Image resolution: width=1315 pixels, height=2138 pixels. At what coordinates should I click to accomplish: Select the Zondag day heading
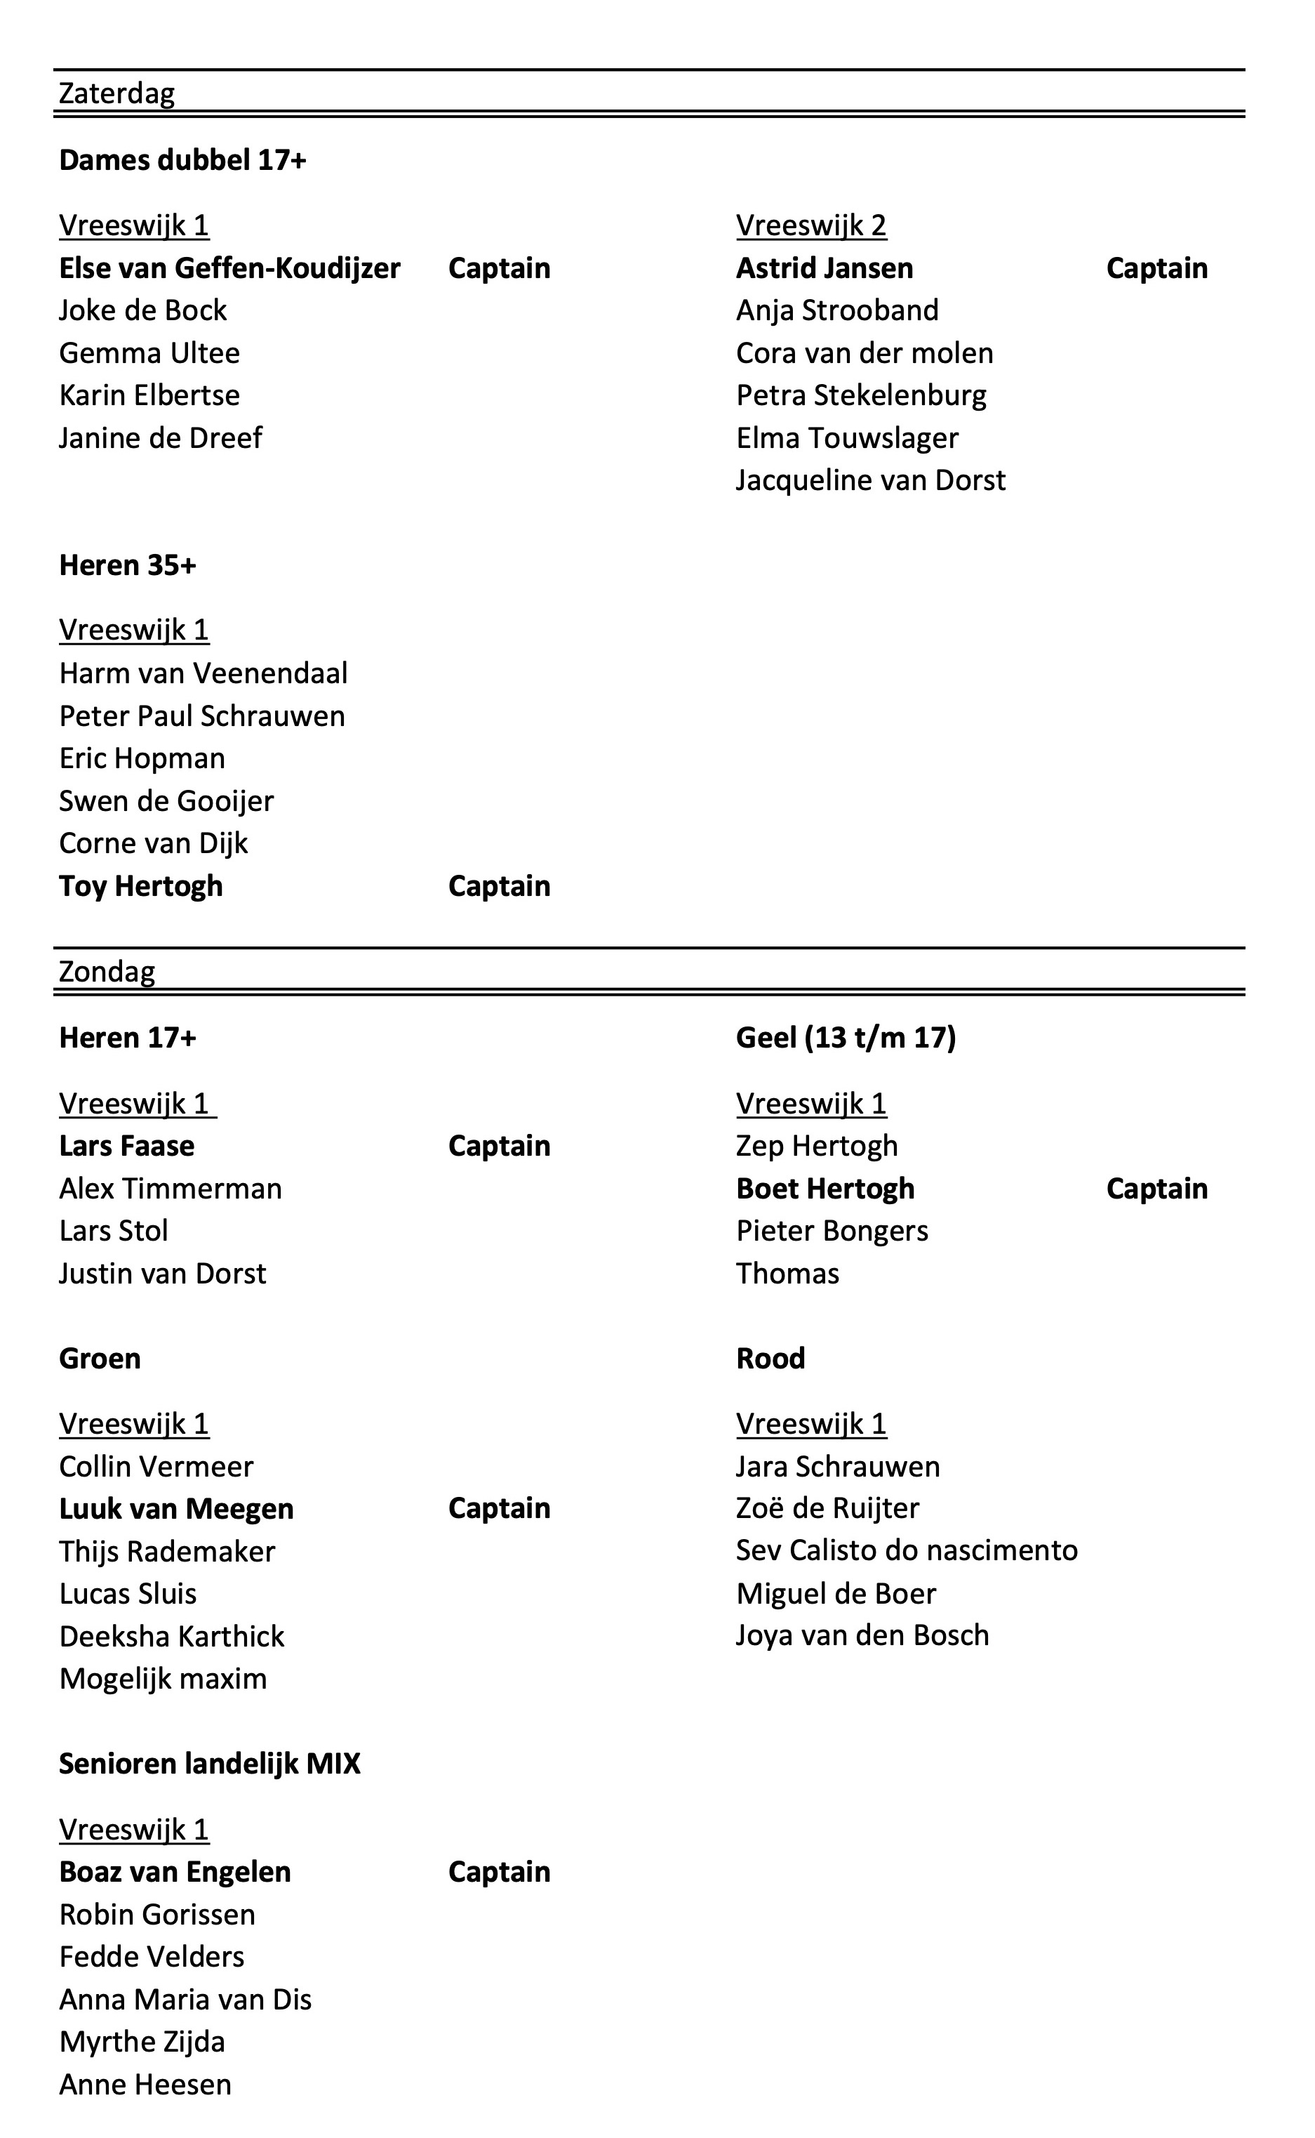pyautogui.click(x=107, y=971)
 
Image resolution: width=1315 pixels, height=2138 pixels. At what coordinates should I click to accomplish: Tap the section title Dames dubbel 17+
pyautogui.click(x=182, y=160)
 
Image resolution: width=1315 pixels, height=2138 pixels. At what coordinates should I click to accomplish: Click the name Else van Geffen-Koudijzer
pyautogui.click(x=229, y=268)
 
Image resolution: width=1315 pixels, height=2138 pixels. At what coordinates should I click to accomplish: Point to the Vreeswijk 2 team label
pyautogui.click(x=810, y=225)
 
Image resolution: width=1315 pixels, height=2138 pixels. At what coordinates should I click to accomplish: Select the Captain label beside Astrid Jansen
pyautogui.click(x=1156, y=268)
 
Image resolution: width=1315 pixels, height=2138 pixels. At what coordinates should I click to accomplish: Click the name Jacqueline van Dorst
pyautogui.click(x=871, y=480)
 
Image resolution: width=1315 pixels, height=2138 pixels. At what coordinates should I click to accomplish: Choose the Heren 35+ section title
pyautogui.click(x=128, y=566)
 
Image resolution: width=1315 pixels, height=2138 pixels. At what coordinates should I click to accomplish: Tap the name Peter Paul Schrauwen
pyautogui.click(x=202, y=716)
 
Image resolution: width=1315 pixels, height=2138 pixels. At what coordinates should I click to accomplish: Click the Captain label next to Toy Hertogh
pyautogui.click(x=499, y=886)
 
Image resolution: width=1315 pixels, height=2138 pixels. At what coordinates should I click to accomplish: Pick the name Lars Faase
pyautogui.click(x=127, y=1146)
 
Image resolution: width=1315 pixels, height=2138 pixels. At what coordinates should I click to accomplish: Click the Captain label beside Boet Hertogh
pyautogui.click(x=1156, y=1189)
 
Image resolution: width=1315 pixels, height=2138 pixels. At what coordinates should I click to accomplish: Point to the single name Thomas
pyautogui.click(x=787, y=1274)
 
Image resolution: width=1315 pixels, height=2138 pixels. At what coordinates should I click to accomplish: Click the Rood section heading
pyautogui.click(x=770, y=1359)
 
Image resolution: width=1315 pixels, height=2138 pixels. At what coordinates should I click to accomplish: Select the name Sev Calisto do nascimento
pyautogui.click(x=906, y=1550)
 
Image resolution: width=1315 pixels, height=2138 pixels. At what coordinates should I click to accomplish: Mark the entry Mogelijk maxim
pyautogui.click(x=163, y=1679)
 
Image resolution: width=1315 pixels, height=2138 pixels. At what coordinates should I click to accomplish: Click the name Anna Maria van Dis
pyautogui.click(x=185, y=2000)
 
